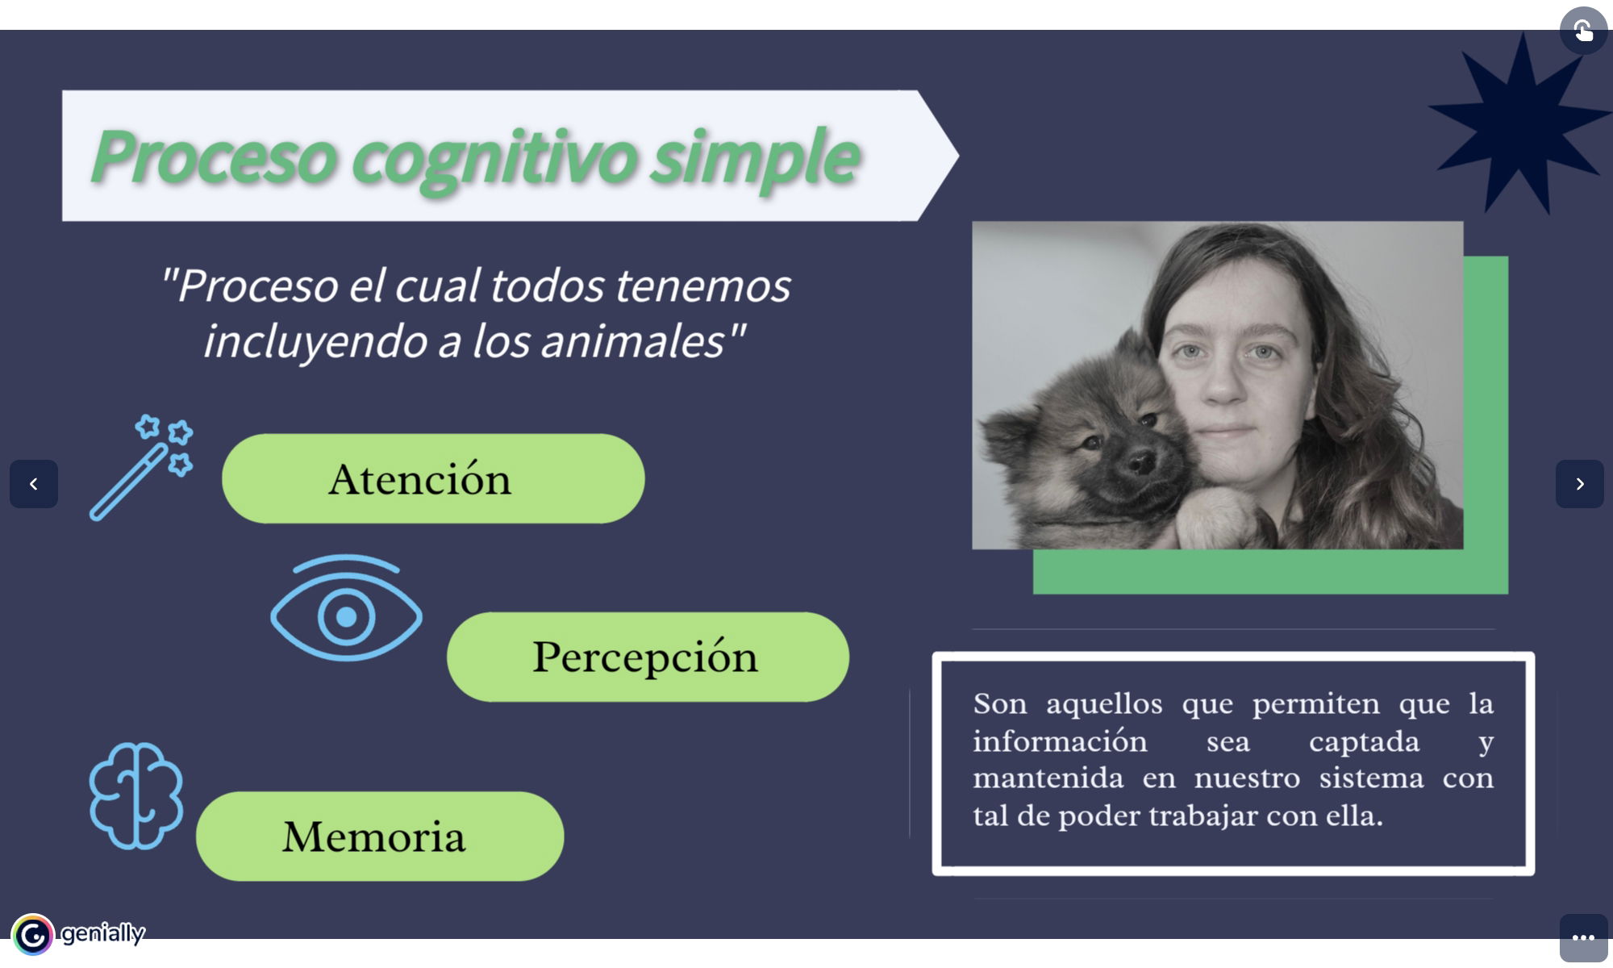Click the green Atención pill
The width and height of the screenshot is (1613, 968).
(x=433, y=478)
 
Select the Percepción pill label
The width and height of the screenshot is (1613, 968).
(x=645, y=657)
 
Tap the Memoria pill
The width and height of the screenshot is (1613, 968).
(x=380, y=836)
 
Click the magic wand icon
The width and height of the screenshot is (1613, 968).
(x=141, y=468)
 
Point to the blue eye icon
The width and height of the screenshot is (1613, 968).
(x=346, y=608)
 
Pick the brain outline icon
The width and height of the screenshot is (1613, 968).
(x=135, y=795)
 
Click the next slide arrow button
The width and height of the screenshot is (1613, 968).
(x=1579, y=484)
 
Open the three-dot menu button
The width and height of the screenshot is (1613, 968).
(x=1583, y=937)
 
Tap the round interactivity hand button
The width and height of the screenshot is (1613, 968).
(x=1583, y=31)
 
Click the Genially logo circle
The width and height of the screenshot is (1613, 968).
(x=32, y=935)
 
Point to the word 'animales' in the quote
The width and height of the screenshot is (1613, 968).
(x=633, y=340)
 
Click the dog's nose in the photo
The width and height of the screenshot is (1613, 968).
(x=1140, y=461)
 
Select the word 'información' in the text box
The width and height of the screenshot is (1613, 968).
(x=1060, y=741)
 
